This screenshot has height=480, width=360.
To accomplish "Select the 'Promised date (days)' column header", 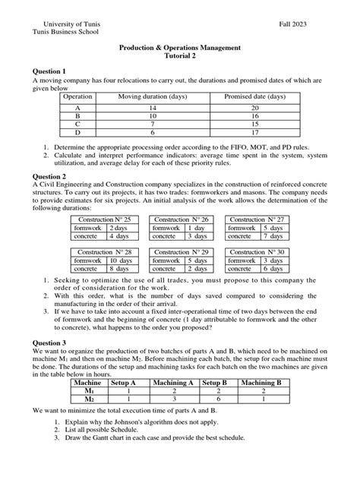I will click(x=254, y=97).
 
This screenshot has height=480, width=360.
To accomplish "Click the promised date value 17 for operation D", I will click(x=254, y=133).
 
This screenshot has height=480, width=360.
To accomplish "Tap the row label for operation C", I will click(x=77, y=125).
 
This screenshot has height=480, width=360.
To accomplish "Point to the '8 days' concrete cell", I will click(x=119, y=269).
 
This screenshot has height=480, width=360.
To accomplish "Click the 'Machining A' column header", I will click(x=175, y=383).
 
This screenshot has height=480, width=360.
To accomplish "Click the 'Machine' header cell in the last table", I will click(x=86, y=383).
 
